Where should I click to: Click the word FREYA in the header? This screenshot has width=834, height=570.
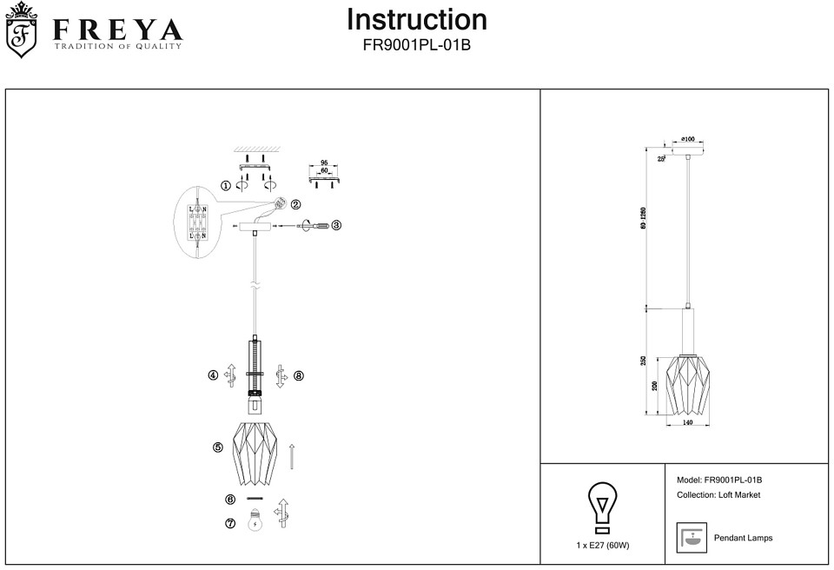[117, 30]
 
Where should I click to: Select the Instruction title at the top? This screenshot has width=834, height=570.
[417, 20]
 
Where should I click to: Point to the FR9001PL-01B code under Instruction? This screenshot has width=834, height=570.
[417, 44]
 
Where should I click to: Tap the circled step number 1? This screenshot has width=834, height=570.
[226, 185]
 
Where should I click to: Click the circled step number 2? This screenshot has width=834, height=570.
[295, 205]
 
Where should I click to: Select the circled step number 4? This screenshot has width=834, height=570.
[213, 375]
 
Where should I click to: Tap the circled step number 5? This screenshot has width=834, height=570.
[218, 447]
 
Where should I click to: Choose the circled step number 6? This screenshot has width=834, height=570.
[230, 500]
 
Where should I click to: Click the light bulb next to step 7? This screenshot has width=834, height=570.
[255, 521]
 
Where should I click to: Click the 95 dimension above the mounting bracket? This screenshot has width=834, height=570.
[323, 163]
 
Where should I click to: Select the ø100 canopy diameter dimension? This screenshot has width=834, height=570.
[687, 139]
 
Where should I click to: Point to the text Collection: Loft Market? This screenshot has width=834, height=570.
[718, 495]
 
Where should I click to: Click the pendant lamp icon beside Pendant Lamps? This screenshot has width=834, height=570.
[692, 539]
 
